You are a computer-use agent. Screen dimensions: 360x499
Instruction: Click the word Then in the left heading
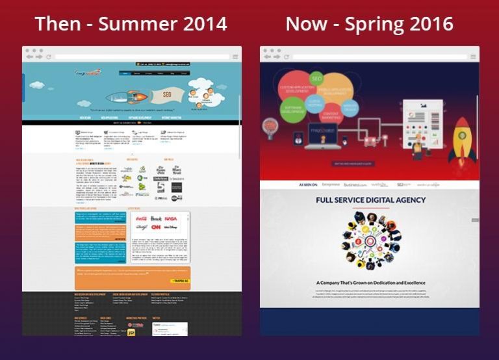pos(58,24)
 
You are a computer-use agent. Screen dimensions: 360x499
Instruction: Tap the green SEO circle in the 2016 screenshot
pos(317,79)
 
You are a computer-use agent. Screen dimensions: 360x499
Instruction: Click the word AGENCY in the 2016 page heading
pos(403,200)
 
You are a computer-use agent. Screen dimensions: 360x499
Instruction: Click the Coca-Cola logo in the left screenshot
pos(142,218)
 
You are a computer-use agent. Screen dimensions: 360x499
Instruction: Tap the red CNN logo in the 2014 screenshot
pos(157,227)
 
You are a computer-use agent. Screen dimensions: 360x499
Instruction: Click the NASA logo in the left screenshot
pos(171,219)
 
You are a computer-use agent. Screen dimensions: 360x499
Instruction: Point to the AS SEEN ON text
pos(308,185)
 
